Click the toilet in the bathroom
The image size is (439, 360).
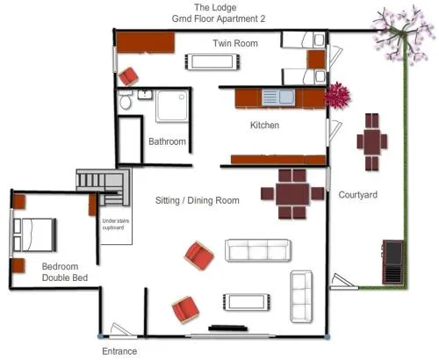click(x=126, y=99)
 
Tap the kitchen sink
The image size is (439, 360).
click(x=278, y=97)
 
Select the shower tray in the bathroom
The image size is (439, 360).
click(x=172, y=105)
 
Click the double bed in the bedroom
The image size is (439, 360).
click(x=34, y=234)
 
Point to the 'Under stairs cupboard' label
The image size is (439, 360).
click(x=116, y=224)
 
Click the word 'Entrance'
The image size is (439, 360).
click(x=119, y=351)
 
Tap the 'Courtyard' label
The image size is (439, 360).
click(x=357, y=195)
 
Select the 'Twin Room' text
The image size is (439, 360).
click(x=235, y=43)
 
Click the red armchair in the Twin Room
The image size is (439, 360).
click(x=128, y=76)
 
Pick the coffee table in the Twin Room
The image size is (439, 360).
click(x=212, y=61)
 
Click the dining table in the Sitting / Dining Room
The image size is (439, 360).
click(x=292, y=194)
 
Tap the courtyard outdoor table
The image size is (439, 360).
click(x=372, y=142)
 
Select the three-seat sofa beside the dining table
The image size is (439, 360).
click(x=258, y=250)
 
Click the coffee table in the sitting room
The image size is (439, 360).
click(x=246, y=302)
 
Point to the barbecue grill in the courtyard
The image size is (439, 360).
click(x=393, y=262)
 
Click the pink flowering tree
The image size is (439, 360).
click(x=401, y=34)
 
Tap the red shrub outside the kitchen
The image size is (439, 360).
click(x=338, y=96)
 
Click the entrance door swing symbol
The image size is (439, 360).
click(x=121, y=330)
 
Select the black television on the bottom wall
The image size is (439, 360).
click(x=228, y=328)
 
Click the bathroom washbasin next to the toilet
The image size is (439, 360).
click(x=145, y=94)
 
